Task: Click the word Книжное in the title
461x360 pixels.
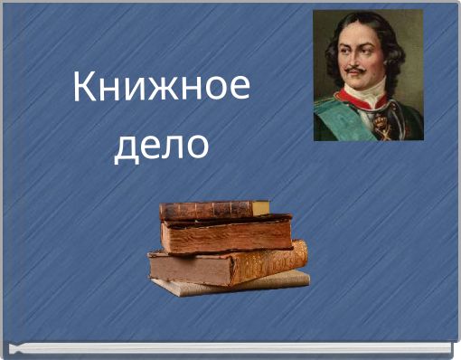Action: [x=161, y=89]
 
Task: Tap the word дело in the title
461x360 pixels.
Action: [x=161, y=145]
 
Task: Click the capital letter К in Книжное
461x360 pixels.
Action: [x=84, y=89]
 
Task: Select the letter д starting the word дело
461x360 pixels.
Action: [x=125, y=147]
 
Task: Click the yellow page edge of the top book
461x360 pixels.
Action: [x=261, y=208]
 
